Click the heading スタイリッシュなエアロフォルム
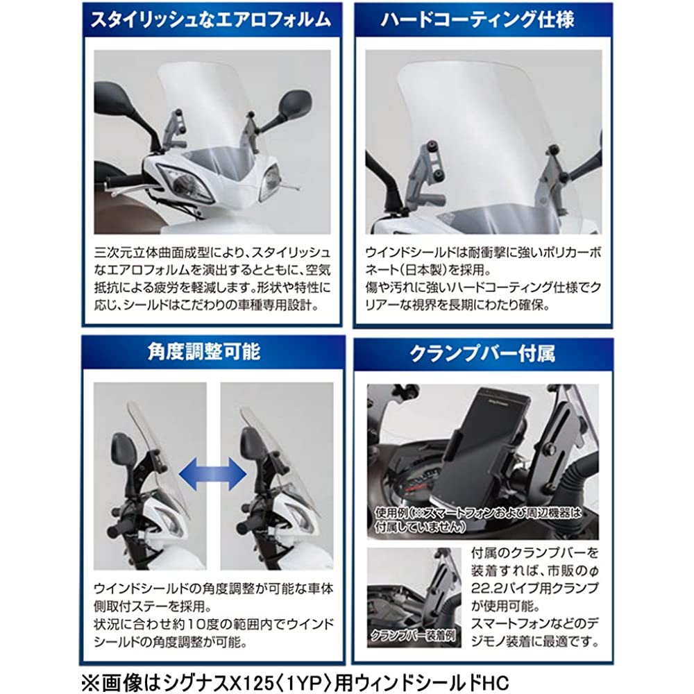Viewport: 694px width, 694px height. (211, 20)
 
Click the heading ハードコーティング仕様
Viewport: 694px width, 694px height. (478, 20)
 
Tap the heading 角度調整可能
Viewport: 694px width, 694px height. (205, 352)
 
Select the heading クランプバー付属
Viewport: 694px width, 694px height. (482, 354)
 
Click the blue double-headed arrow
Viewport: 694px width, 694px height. (213, 473)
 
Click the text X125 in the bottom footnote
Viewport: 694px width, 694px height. (250, 682)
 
